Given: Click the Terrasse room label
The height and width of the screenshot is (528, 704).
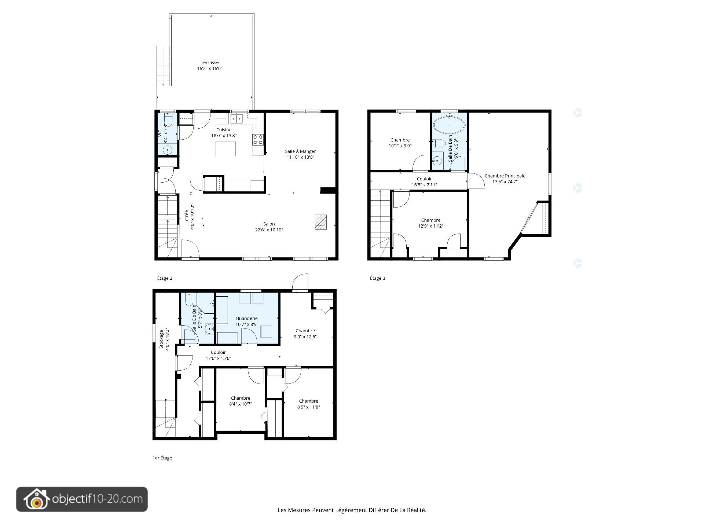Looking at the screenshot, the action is coord(210,63).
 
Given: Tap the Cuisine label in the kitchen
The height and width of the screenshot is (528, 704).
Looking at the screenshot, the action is coord(224,130).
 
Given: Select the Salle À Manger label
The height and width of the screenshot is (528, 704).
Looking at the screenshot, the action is coord(300,151).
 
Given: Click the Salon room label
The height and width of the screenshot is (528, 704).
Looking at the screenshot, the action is coord(269,224).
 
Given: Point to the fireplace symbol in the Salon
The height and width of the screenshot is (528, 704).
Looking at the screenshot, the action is coord(321,222).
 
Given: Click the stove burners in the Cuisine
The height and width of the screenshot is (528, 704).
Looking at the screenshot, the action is coord(257,140).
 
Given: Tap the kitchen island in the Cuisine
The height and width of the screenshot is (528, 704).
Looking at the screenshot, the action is coord(225,149).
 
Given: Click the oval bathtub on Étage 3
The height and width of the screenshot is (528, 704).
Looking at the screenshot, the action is coord(450,125).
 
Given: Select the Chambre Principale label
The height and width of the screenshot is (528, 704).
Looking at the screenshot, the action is coord(505,176).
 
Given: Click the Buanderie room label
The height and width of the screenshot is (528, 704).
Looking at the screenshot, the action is coord(247,319).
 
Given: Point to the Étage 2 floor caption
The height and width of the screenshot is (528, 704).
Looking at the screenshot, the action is coord(165,278).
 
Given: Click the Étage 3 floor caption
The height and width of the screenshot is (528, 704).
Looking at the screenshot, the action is coord(377,278).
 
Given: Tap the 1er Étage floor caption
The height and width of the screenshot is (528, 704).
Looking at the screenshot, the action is coord(162,458).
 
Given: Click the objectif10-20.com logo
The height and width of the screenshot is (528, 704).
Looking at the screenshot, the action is coord(82,499).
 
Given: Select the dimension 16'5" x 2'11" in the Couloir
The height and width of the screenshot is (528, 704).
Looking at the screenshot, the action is coord(424,185).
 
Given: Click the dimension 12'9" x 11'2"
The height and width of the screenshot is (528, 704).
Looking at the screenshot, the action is coord(431,226).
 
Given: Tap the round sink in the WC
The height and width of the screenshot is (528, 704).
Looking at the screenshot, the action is coord(168,150).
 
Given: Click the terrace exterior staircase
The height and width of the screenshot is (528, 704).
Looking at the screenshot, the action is coord(163,66).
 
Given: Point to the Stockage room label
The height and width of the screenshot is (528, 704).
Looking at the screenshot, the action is coord(161,339).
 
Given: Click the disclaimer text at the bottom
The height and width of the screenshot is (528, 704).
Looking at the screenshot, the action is coord(352,510).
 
